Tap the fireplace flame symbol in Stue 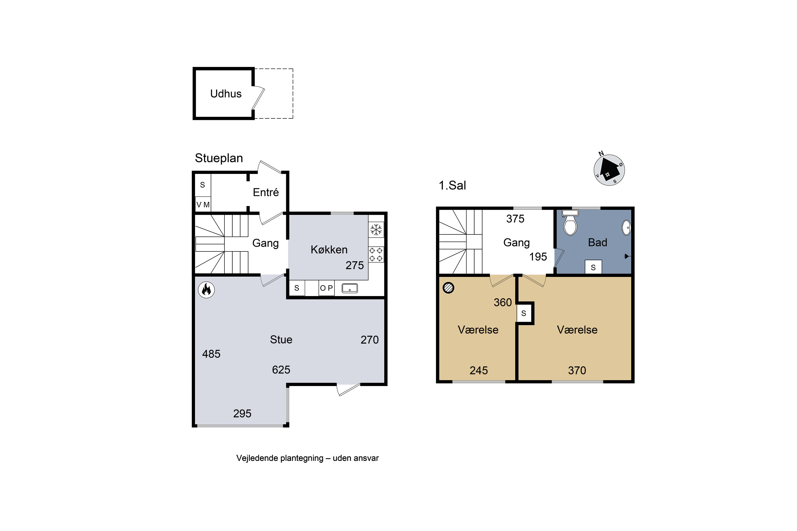point(206,290)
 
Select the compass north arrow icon point(609,170)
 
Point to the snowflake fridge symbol point(376,230)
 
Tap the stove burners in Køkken point(376,255)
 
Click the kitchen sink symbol point(350,288)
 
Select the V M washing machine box point(203,204)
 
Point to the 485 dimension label point(211,354)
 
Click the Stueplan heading point(219,158)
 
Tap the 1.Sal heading point(452,186)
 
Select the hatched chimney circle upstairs point(448,288)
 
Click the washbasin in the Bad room point(626,228)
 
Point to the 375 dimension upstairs point(515,219)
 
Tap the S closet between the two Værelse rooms point(524,313)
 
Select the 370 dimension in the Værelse point(577,370)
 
